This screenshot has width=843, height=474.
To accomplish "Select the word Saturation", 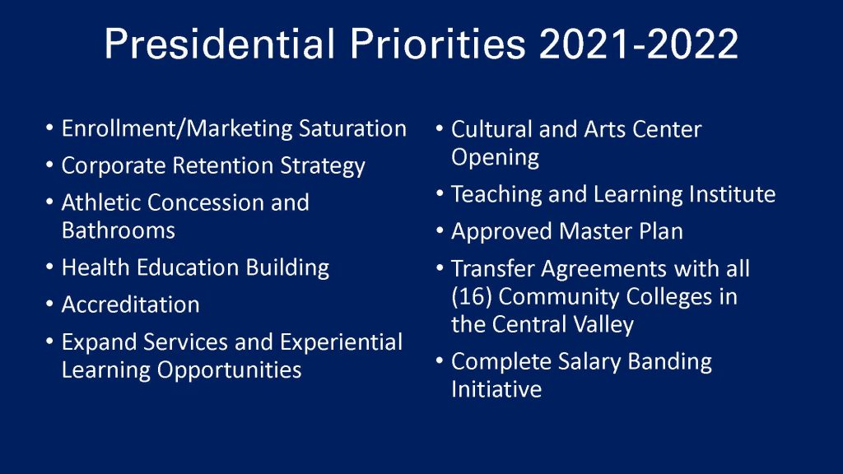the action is [x=352, y=128].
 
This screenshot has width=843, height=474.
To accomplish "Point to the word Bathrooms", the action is [x=119, y=230].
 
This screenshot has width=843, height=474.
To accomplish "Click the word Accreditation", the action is [x=131, y=304].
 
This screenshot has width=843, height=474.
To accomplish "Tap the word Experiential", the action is [x=341, y=342].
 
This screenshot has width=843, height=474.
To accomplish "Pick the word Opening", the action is [x=495, y=157].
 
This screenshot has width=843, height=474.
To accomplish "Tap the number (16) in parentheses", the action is [x=472, y=296].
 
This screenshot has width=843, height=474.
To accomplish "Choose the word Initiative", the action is [x=496, y=389].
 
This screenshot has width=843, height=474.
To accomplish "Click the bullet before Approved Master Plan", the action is [x=440, y=231].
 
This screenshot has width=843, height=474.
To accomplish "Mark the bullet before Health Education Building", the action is [x=50, y=267].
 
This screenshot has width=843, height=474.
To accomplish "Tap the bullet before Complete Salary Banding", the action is [x=440, y=361].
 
